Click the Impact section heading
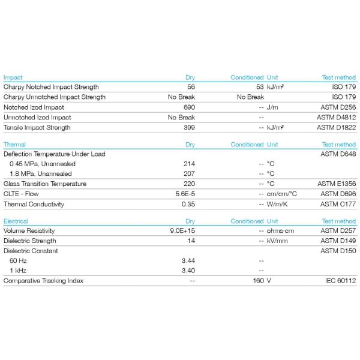(x=13, y=77)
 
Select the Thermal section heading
(x=14, y=145)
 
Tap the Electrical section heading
(x=16, y=221)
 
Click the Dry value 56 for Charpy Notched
(x=191, y=86)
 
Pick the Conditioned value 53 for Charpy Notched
(x=259, y=86)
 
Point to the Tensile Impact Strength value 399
(x=189, y=127)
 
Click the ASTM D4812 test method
(x=336, y=117)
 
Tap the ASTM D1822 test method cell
(x=336, y=127)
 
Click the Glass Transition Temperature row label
(x=44, y=184)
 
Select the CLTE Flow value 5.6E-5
(x=185, y=194)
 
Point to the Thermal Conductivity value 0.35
(x=188, y=204)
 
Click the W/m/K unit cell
(x=277, y=204)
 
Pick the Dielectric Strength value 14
(x=191, y=241)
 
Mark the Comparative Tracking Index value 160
(x=258, y=280)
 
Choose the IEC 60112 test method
(x=340, y=280)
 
